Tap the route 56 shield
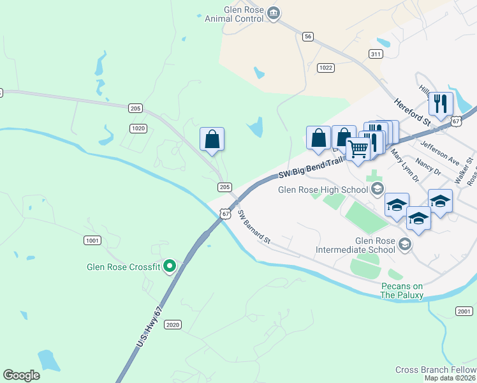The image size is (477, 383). tap(308, 37)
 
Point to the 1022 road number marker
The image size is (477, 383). tap(326, 68)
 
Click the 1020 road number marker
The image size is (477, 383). tap(138, 128)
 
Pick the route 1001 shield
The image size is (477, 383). tap(92, 240)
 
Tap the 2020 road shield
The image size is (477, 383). tap(173, 325)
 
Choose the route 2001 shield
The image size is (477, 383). tap(464, 310)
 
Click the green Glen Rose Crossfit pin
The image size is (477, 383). tap(169, 266)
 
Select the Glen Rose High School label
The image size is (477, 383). tap(324, 189)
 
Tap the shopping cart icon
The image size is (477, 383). tap(358, 149)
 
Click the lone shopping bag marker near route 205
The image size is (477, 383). tap(212, 139)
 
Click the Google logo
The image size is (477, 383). tap(21, 375)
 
